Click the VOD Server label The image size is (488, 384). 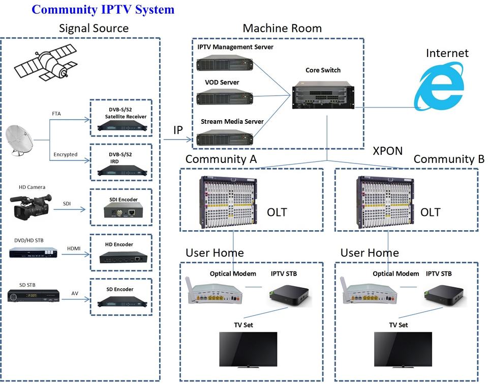click(x=222, y=83)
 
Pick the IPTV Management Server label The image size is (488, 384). click(x=235, y=47)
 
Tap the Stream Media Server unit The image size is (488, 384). click(x=225, y=138)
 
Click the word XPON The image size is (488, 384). click(x=387, y=151)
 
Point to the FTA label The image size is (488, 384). click(x=56, y=114)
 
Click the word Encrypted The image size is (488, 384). click(x=65, y=154)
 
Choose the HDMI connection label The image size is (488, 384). click(x=74, y=249)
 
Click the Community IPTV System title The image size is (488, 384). click(x=103, y=9)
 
